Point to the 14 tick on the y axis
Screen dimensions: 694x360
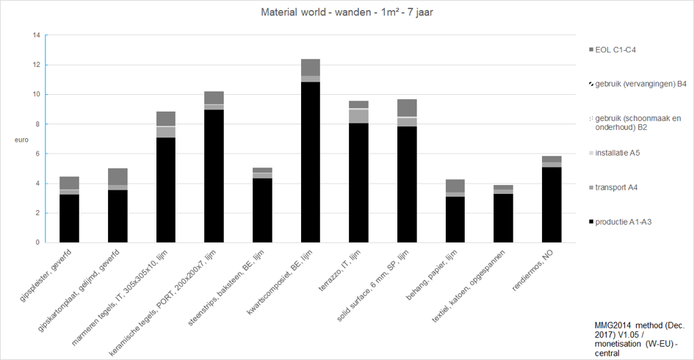[x=36, y=35]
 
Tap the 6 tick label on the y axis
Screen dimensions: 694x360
[x=38, y=154]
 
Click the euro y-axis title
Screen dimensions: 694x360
[x=21, y=140]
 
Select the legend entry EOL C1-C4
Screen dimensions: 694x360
[x=612, y=50]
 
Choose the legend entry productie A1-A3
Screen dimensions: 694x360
[x=620, y=222]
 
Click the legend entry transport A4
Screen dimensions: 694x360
[x=612, y=187]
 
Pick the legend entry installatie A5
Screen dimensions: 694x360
[x=614, y=154]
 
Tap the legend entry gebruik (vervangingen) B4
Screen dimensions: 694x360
[x=637, y=84]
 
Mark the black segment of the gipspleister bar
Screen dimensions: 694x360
[x=69, y=218]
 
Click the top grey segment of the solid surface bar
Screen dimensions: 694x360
[x=407, y=107]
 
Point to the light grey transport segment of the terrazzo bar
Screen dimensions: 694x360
[x=358, y=116]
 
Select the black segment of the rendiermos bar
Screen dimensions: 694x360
[x=552, y=204]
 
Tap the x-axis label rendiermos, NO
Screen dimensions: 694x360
[x=532, y=270]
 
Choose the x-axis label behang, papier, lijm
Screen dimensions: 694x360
[x=432, y=275]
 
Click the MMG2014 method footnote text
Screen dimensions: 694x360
[x=639, y=339]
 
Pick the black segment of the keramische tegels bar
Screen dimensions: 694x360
[x=214, y=176]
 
